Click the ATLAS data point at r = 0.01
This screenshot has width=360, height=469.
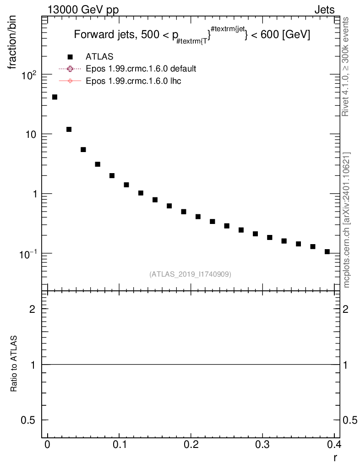(x=55, y=97)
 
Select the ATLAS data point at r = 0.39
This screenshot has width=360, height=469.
(x=327, y=251)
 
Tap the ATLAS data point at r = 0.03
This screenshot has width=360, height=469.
(x=69, y=130)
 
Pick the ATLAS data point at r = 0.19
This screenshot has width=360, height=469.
(x=184, y=212)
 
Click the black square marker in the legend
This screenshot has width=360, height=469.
(x=70, y=57)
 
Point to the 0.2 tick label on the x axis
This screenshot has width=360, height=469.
(x=191, y=445)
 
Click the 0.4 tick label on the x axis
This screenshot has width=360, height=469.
(x=334, y=445)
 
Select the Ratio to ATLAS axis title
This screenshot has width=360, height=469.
(x=14, y=364)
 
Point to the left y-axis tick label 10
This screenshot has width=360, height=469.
(x=33, y=134)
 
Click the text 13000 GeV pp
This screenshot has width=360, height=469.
(x=83, y=10)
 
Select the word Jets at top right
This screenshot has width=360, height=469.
(x=324, y=10)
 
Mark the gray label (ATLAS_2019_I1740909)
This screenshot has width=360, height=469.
(x=190, y=274)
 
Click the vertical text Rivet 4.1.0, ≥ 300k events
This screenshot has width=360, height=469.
(x=346, y=67)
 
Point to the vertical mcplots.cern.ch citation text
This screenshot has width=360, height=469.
(x=347, y=220)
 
